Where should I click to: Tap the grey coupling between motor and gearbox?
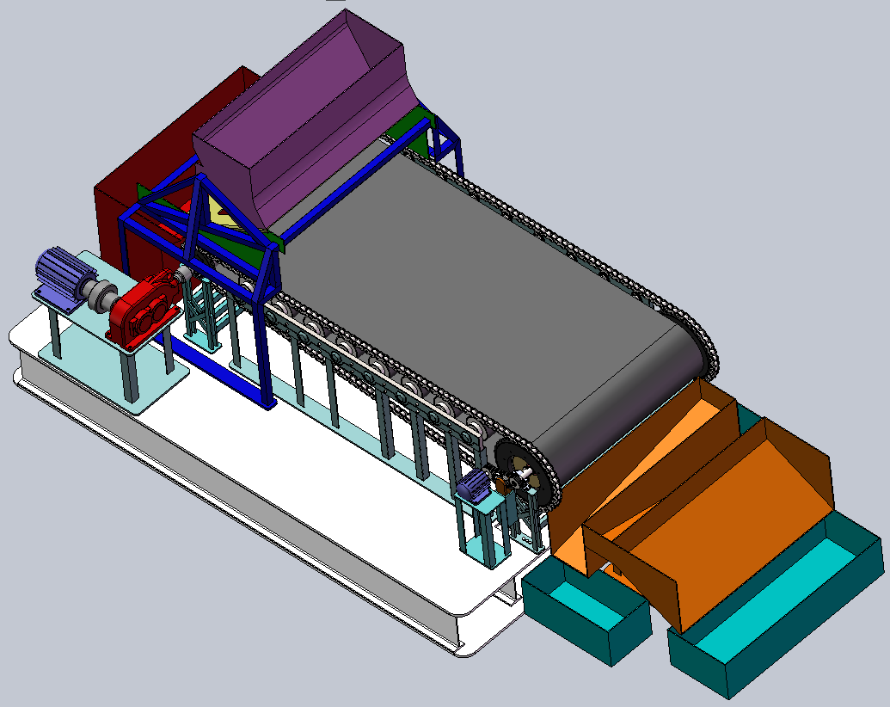(x=102, y=296)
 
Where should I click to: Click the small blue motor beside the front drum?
(x=474, y=488)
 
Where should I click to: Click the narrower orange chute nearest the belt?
(x=636, y=464)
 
